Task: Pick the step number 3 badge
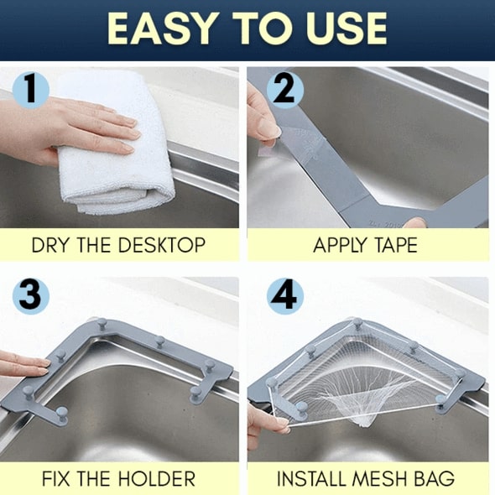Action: click(31, 296)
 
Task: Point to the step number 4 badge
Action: click(284, 296)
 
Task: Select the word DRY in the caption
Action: click(49, 246)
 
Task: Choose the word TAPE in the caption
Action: click(393, 246)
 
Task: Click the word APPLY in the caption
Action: click(339, 246)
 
